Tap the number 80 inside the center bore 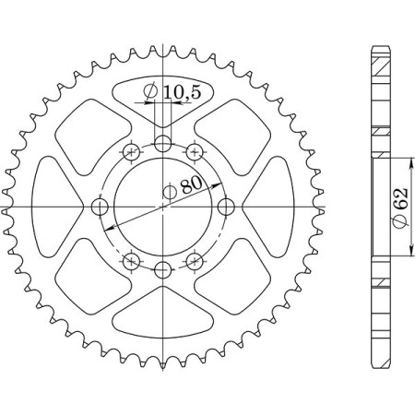(x=192, y=184)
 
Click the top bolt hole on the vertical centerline (x=163, y=143)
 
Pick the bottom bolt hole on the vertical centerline (x=163, y=269)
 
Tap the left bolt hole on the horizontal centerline (x=101, y=206)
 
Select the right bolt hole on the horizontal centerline (x=226, y=206)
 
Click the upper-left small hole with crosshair (x=132, y=151)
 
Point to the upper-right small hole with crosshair (x=195, y=151)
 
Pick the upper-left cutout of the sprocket (x=88, y=129)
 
